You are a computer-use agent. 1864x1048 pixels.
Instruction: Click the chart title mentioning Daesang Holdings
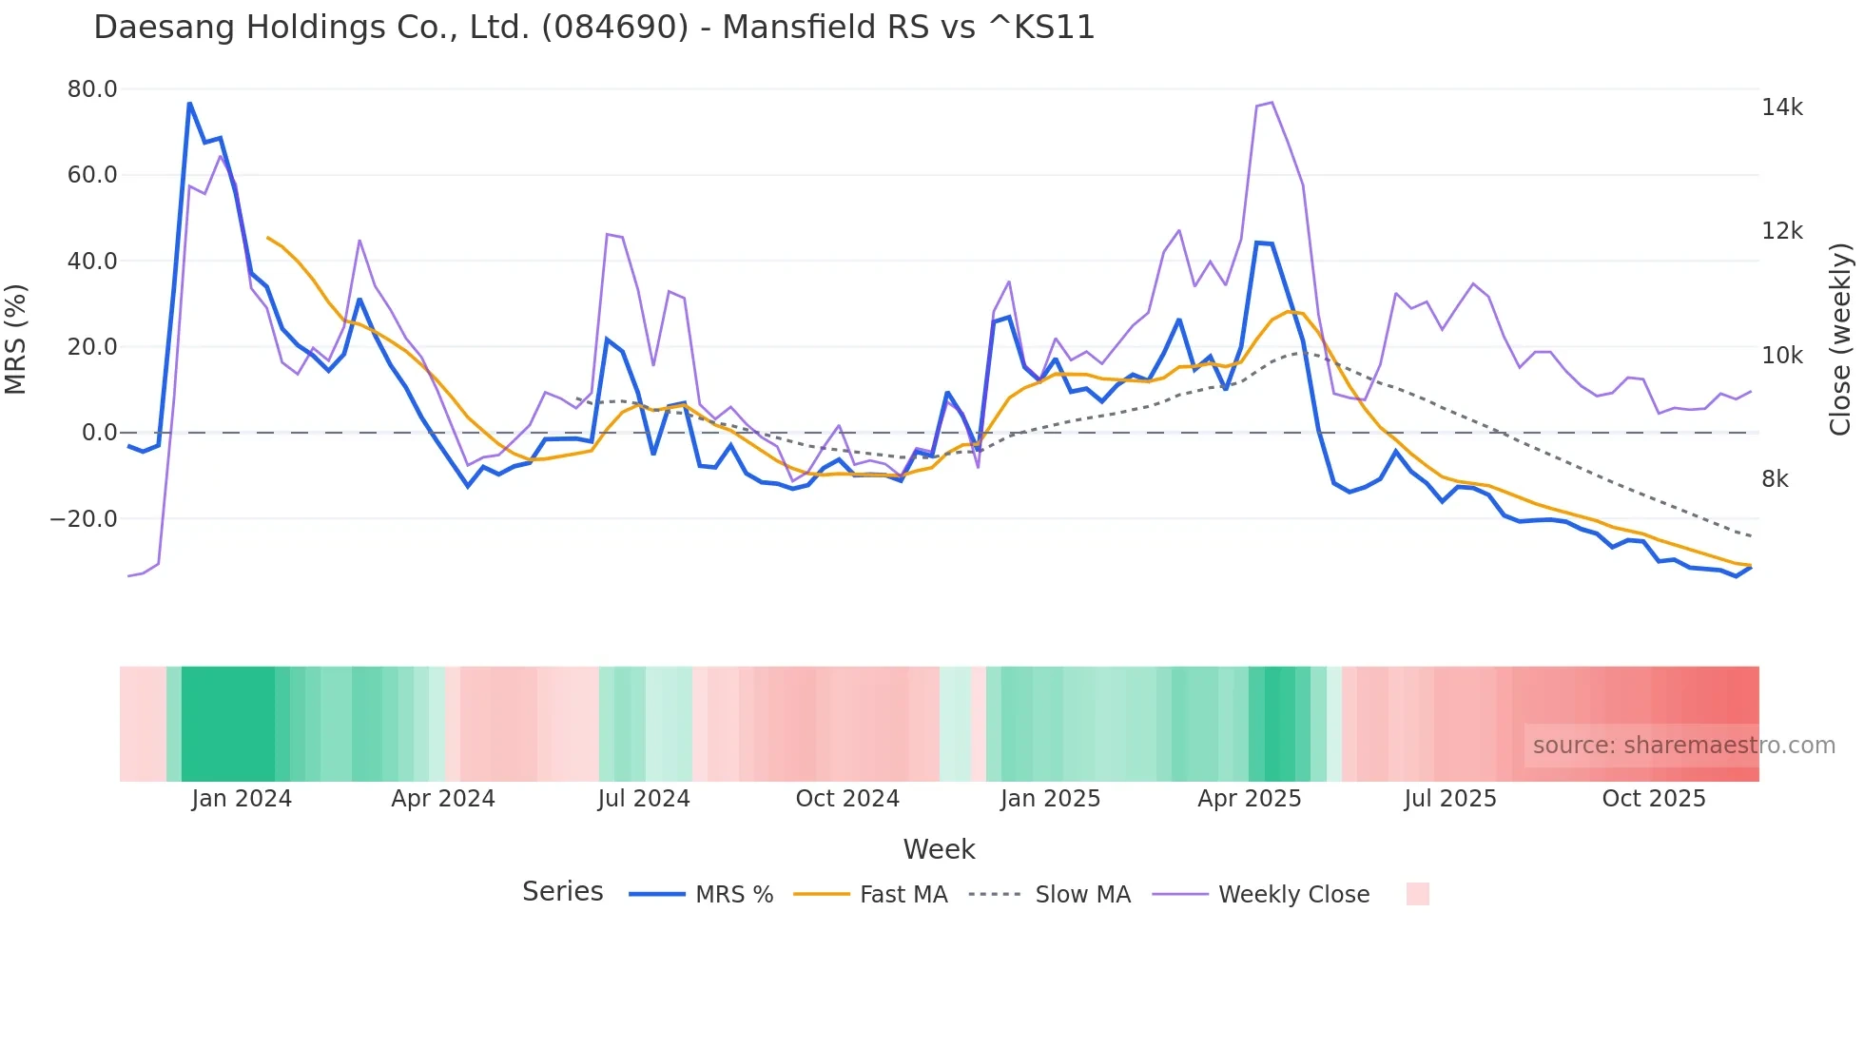click(x=594, y=28)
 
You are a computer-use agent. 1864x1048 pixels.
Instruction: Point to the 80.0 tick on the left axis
click(x=92, y=89)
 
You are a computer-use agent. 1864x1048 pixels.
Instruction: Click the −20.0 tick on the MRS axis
click(x=84, y=519)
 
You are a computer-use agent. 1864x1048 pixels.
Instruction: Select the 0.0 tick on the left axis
click(x=99, y=433)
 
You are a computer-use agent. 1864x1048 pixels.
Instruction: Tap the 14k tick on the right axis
click(x=1781, y=107)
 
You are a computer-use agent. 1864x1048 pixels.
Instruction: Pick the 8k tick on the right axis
click(x=1775, y=479)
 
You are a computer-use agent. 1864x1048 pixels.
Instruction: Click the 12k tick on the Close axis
click(x=1781, y=231)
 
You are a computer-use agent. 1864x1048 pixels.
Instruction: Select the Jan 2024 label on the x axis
click(x=242, y=799)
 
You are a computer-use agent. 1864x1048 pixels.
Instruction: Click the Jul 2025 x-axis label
click(x=1450, y=799)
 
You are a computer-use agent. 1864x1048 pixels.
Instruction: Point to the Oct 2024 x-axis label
click(x=847, y=799)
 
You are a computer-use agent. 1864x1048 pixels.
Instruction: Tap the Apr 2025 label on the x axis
click(x=1250, y=799)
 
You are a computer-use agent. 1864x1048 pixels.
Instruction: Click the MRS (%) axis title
click(x=16, y=339)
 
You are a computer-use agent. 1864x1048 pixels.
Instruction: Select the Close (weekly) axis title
click(x=1841, y=339)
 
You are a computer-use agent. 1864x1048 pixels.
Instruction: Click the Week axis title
click(x=939, y=849)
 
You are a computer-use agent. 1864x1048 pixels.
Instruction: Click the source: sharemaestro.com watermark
click(x=1683, y=746)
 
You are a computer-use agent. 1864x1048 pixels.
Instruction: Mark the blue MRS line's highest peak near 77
click(x=189, y=103)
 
